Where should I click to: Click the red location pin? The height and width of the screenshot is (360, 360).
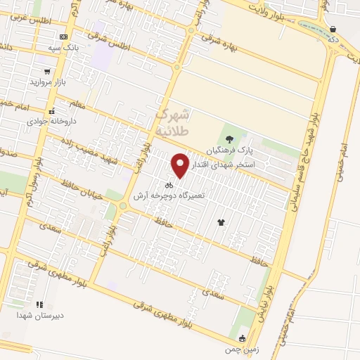point(180,165)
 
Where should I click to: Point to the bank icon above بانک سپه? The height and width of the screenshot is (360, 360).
point(64,37)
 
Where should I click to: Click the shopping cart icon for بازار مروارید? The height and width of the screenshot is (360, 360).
point(47,71)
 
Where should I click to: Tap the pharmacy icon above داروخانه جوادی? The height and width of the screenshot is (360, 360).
point(51,110)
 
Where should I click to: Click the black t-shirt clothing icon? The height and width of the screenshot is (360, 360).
point(222,221)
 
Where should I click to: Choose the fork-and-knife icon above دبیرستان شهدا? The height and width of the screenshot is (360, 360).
point(40,304)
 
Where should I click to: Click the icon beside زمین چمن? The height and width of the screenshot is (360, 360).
point(243,338)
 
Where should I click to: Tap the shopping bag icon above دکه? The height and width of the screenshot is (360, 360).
point(332,29)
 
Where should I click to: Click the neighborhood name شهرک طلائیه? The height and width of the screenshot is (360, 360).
point(172,121)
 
